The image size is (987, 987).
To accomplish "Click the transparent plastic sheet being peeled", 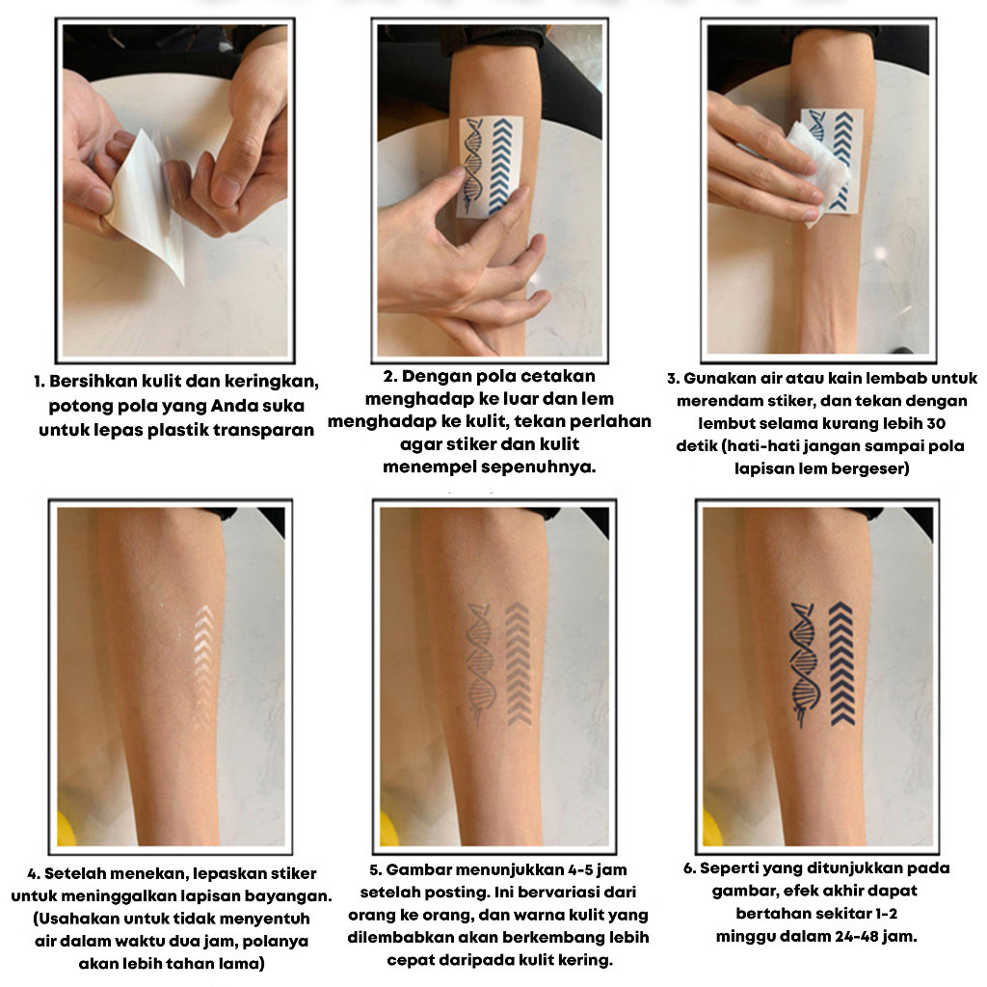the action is tap(147, 201).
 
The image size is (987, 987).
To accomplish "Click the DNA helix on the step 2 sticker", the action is tap(474, 165).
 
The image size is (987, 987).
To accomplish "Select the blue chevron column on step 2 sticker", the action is tap(501, 165).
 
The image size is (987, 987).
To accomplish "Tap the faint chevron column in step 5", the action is tap(518, 663).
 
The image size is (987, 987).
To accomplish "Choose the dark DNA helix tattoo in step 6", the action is tap(805, 664).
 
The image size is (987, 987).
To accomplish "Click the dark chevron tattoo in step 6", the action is tap(841, 663).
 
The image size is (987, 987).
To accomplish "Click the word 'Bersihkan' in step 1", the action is tap(93, 382).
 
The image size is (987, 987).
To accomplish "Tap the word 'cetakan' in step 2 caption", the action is tap(558, 377).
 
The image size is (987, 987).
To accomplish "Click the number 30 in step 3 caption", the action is tap(936, 424).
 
